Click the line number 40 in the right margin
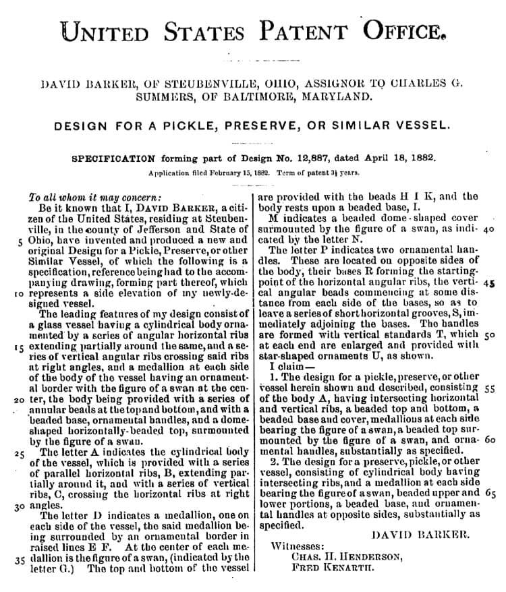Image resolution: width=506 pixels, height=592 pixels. [x=490, y=229]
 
